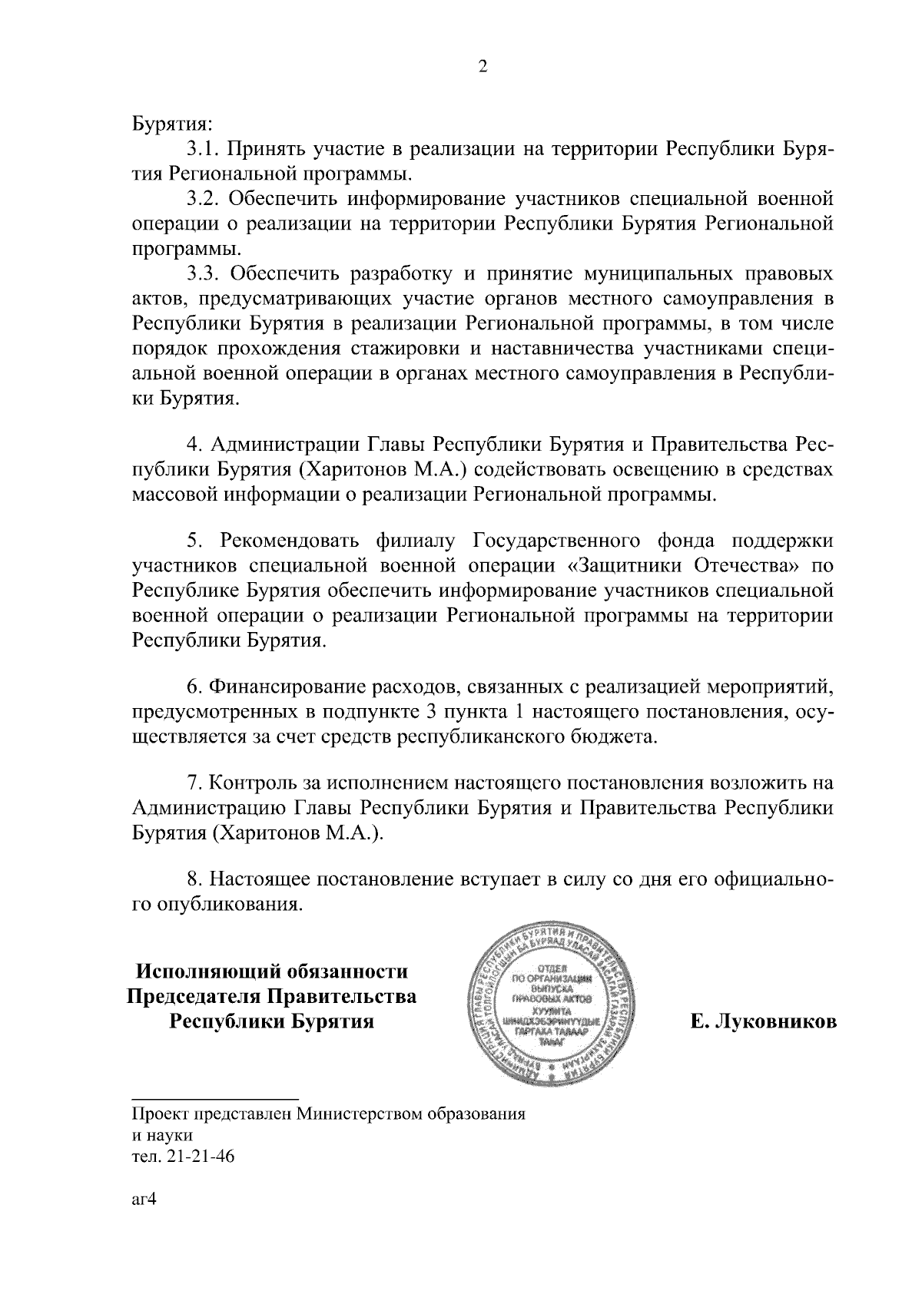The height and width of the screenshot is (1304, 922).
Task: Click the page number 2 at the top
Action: pyautogui.click(x=483, y=67)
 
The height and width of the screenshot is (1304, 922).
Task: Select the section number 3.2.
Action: pyautogui.click(x=205, y=199)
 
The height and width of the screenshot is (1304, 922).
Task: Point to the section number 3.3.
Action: pyautogui.click(x=205, y=273)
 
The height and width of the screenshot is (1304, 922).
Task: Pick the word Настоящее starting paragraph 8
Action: pyautogui.click(x=257, y=879)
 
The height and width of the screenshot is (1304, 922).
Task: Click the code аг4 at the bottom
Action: pyautogui.click(x=144, y=1200)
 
